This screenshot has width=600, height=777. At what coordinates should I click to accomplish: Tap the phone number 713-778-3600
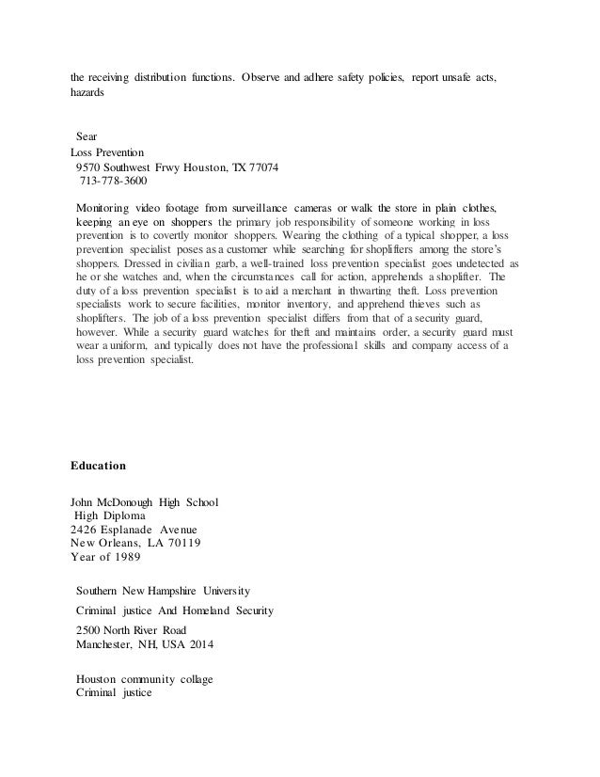click(113, 181)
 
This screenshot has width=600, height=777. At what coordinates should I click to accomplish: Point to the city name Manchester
click(106, 644)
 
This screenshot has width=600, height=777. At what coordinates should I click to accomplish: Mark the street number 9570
click(91, 166)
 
